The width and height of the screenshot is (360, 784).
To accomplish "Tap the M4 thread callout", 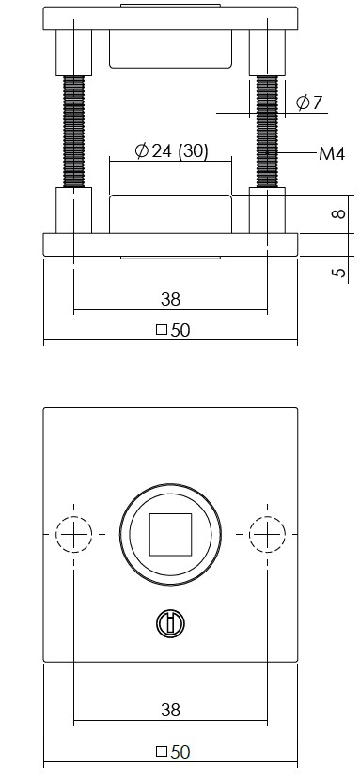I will coord(332,153).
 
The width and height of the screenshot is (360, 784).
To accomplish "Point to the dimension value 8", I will coord(338,213).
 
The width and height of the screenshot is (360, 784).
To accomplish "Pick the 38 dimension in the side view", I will coord(170,299).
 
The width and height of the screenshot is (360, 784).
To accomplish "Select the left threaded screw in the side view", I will coord(72,132).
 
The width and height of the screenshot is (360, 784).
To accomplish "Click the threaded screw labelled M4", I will coord(268,132).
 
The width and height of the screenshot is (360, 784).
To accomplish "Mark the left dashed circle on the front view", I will coord(73,535).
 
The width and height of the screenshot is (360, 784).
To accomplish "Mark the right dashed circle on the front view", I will coord(267,535).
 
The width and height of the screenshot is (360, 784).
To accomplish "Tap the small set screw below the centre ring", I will coord(170,622).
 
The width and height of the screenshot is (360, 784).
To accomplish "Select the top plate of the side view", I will coord(170,19).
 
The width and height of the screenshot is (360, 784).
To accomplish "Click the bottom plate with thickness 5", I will coord(170,243).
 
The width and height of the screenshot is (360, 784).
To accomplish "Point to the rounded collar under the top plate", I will coord(170,49).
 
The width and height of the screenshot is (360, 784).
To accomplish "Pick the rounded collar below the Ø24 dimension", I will coord(170,213).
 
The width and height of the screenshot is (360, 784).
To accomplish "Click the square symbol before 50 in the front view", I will coord(161,752).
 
